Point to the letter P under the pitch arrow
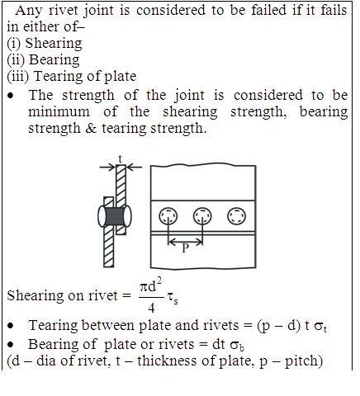click(x=186, y=248)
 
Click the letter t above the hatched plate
click(x=120, y=159)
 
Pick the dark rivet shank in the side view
click(x=115, y=216)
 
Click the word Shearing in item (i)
click(x=54, y=44)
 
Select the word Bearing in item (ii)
click(x=54, y=60)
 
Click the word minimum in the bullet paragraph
click(x=59, y=112)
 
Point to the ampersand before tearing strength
click(x=91, y=129)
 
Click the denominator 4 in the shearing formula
click(x=151, y=308)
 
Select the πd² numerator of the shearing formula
click(x=151, y=285)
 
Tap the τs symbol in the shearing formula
click(x=173, y=298)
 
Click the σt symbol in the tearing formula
click(x=320, y=327)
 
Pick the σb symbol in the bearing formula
click(x=237, y=346)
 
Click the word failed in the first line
click(x=269, y=10)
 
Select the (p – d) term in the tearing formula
click(x=279, y=326)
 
